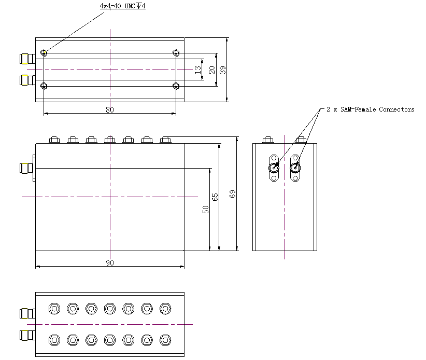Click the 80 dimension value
coord(110,109)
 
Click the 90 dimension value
coord(110,263)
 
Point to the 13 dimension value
coord(197,69)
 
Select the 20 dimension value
coord(211,69)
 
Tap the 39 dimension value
coord(223,70)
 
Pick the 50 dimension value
coord(206,209)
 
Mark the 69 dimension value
coord(233,193)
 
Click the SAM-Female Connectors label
coord(370,109)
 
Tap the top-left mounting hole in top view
coord(45,52)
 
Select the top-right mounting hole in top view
coord(176,52)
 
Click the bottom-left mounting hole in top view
coord(45,86)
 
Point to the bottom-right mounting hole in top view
coord(176,86)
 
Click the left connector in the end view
coord(274,167)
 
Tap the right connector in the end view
coord(295,167)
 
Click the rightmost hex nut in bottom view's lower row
coord(165,340)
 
